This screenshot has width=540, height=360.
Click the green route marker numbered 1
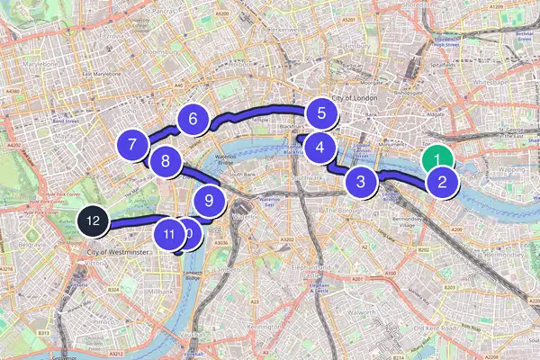tap(437, 160)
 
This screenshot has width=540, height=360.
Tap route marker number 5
tap(319, 113)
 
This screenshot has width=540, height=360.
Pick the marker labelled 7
tap(132, 144)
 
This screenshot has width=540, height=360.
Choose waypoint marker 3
tap(361, 182)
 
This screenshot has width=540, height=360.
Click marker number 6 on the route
tap(193, 118)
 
